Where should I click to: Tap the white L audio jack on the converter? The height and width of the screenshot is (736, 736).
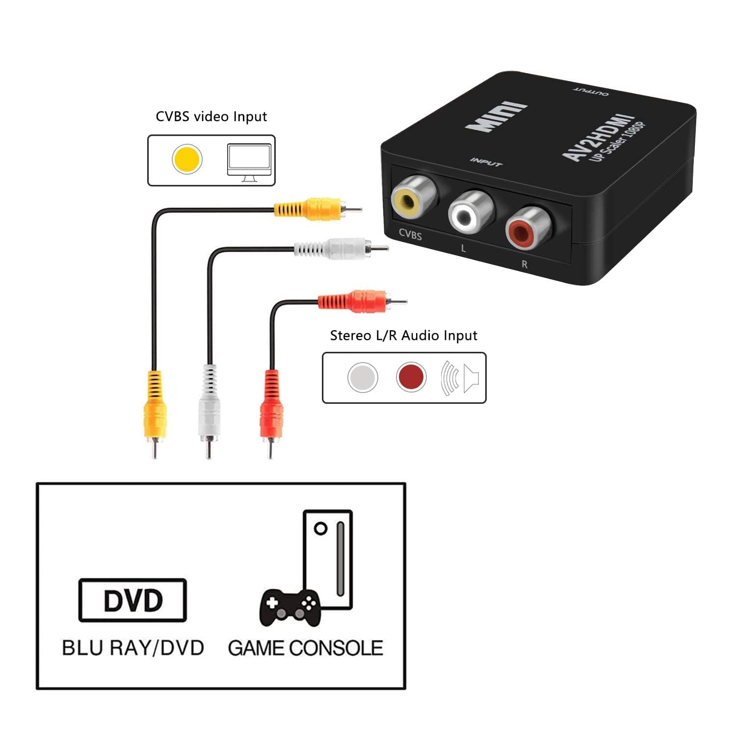470,212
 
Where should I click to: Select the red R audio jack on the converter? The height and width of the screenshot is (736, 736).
528,227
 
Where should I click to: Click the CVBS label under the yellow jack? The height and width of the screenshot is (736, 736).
410,235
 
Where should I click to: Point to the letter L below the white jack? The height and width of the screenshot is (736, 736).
463,248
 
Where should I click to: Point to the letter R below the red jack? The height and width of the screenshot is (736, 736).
524,264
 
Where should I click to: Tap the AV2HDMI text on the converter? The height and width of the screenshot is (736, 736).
598,137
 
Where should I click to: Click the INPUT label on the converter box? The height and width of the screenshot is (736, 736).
486,162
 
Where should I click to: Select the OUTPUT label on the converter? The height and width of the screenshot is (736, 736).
591,91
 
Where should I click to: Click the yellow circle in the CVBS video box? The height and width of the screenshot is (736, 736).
187,159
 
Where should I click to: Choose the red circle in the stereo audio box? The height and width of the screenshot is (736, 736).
411,377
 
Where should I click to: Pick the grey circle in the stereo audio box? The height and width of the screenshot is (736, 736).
363,377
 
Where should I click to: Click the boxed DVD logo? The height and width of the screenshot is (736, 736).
132,600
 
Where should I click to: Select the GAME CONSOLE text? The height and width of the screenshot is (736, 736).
305,648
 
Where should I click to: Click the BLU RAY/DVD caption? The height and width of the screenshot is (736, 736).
133,648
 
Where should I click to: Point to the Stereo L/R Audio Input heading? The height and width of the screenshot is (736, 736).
403,336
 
